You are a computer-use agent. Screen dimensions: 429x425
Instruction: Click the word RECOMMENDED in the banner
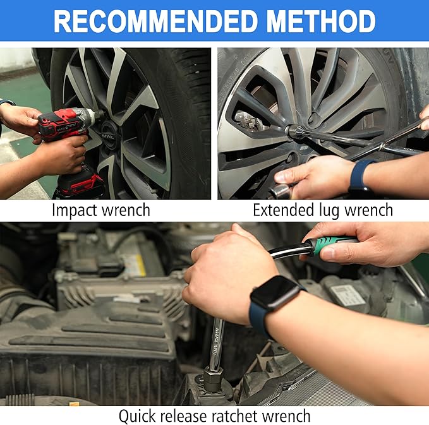coord(156,21)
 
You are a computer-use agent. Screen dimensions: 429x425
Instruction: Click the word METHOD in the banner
coord(321,21)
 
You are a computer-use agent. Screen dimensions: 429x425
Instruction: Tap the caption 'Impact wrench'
coord(101,210)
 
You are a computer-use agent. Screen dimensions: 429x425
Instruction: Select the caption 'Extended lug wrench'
coord(323,210)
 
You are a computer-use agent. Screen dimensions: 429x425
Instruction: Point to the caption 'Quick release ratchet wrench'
coord(215,416)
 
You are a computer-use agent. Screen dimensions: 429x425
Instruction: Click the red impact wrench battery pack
coord(81,183)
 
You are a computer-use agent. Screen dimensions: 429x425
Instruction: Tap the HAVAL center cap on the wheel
coord(108,136)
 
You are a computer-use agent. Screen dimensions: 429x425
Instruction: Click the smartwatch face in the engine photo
coord(274,293)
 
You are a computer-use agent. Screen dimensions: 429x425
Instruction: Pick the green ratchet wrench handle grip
coord(329,245)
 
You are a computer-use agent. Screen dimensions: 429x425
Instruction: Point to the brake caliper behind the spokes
coord(248,121)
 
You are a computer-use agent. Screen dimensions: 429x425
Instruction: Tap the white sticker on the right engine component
coord(348,296)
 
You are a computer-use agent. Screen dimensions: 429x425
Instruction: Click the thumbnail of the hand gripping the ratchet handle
coord(342,246)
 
